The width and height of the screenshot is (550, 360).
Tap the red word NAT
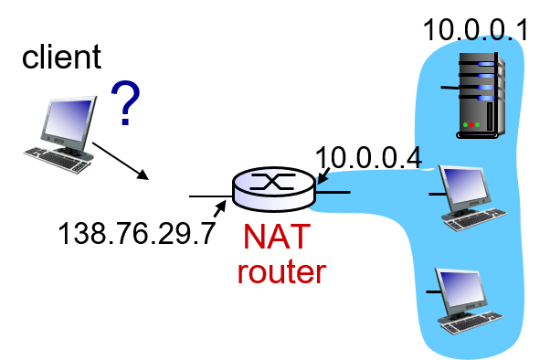[x=276, y=237]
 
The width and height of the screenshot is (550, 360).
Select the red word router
[x=281, y=271]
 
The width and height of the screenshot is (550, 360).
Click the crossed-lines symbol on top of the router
[x=274, y=181]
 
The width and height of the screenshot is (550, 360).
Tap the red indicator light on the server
[x=472, y=124]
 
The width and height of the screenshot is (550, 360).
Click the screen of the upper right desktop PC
[x=468, y=185]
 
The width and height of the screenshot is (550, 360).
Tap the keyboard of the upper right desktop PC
[x=477, y=218]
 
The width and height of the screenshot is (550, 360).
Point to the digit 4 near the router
[x=416, y=156]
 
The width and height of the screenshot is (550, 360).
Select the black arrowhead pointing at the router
[x=323, y=176]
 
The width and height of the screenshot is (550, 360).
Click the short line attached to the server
[x=449, y=88]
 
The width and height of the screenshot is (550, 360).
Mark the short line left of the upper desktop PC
[x=436, y=193]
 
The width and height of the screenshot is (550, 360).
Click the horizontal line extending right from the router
[x=333, y=192]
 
